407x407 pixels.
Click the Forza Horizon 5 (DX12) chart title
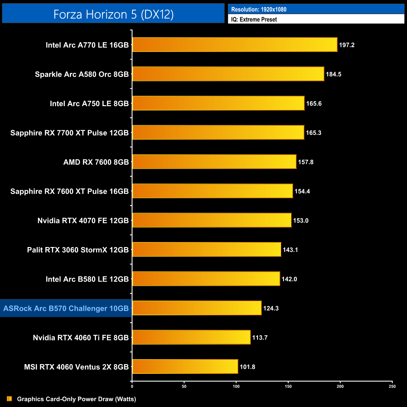pos(113,14)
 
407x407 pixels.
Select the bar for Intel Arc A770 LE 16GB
pos(235,45)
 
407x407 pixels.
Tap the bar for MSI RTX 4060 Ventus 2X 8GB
pos(185,367)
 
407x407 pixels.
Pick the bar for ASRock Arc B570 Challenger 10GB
pos(197,308)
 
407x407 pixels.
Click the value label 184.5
pos(333,74)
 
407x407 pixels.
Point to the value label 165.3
pos(313,133)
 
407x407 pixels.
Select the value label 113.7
pos(260,337)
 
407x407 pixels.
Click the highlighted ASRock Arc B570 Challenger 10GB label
pos(66,308)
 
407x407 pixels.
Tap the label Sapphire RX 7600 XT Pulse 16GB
pos(70,191)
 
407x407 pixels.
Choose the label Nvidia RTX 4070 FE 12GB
pos(83,221)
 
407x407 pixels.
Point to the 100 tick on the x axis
pos(236,386)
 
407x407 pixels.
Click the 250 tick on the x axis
pos(392,386)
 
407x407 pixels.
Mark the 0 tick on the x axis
pos(132,386)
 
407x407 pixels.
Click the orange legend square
pos(9,399)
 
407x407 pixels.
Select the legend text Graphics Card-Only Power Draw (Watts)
pos(76,399)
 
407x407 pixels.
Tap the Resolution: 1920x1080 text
pos(259,9)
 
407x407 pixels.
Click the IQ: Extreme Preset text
pos(254,19)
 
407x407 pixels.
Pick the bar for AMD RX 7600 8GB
pos(214,162)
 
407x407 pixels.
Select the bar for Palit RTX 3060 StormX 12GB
pos(207,250)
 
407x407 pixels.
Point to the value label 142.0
pos(289,279)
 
